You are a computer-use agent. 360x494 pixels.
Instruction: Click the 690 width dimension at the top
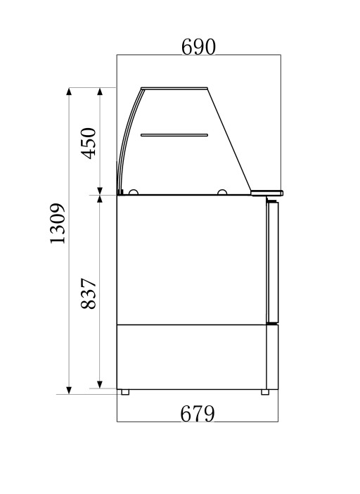coord(198,47)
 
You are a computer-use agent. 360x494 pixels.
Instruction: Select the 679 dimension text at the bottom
coord(198,414)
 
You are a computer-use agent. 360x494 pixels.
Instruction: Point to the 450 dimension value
coord(89,144)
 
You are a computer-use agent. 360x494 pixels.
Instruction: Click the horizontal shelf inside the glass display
coord(174,134)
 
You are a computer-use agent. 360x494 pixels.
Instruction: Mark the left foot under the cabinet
coord(124,391)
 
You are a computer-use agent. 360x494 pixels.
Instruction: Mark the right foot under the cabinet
coord(266,391)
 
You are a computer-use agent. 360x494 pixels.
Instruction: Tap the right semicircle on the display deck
coord(222,191)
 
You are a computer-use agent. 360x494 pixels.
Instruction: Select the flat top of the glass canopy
coord(176,88)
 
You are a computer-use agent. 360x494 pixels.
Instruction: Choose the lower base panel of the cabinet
coord(190,355)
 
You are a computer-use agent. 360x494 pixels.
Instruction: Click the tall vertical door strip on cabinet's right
coord(272,260)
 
